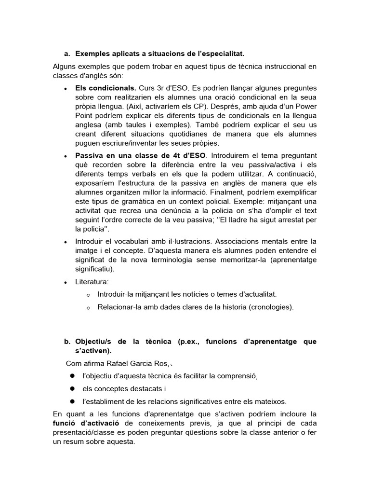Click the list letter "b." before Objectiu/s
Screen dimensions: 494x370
point(67,342)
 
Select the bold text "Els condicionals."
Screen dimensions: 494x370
point(106,89)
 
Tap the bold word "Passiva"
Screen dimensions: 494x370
point(90,155)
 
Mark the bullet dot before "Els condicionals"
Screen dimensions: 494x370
point(65,89)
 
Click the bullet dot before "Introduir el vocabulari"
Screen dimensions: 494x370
point(65,242)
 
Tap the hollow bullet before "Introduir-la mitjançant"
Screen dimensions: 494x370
point(88,294)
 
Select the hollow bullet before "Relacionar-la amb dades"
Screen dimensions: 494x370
point(88,307)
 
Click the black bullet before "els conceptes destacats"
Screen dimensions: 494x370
point(71,388)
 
